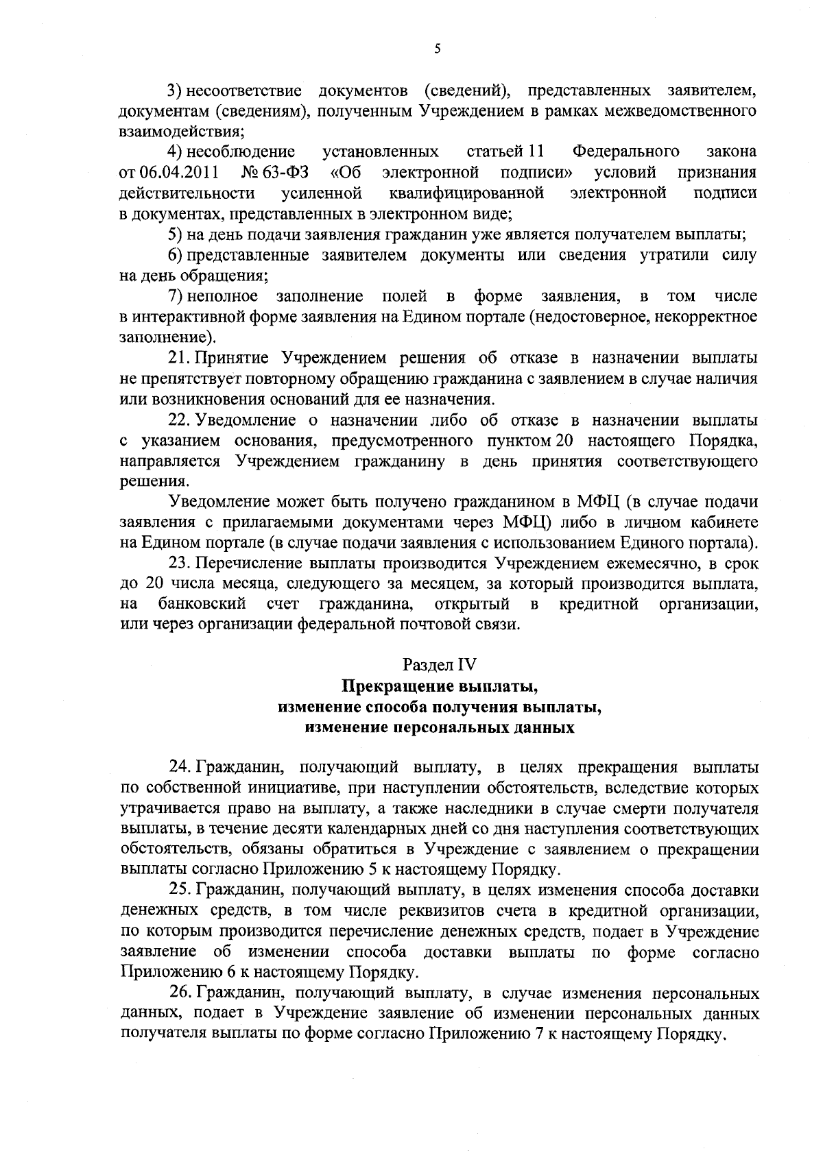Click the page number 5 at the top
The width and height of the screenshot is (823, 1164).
click(x=437, y=49)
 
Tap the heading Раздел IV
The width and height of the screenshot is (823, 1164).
click(x=439, y=664)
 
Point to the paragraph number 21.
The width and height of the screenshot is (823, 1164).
click(x=180, y=358)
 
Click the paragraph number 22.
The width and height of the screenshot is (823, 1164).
click(x=180, y=420)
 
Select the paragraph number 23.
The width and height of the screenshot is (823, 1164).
click(x=180, y=563)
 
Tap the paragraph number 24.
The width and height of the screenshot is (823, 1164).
click(x=180, y=766)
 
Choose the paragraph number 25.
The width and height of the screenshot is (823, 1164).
click(x=180, y=890)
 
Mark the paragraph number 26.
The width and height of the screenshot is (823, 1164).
click(x=180, y=993)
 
